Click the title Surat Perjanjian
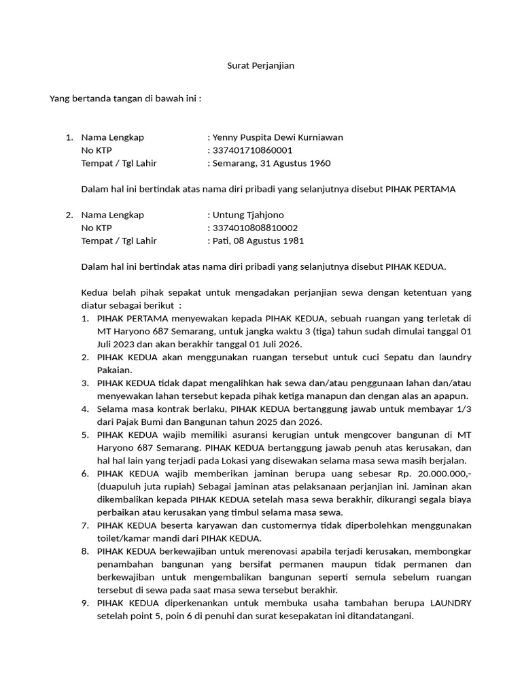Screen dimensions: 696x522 pos(260,66)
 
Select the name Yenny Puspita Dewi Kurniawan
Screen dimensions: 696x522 pos(278,137)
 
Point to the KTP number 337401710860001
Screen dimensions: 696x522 pos(253,150)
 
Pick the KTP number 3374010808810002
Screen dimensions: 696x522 pos(255,228)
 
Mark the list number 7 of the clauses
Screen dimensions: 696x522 pos(85,525)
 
